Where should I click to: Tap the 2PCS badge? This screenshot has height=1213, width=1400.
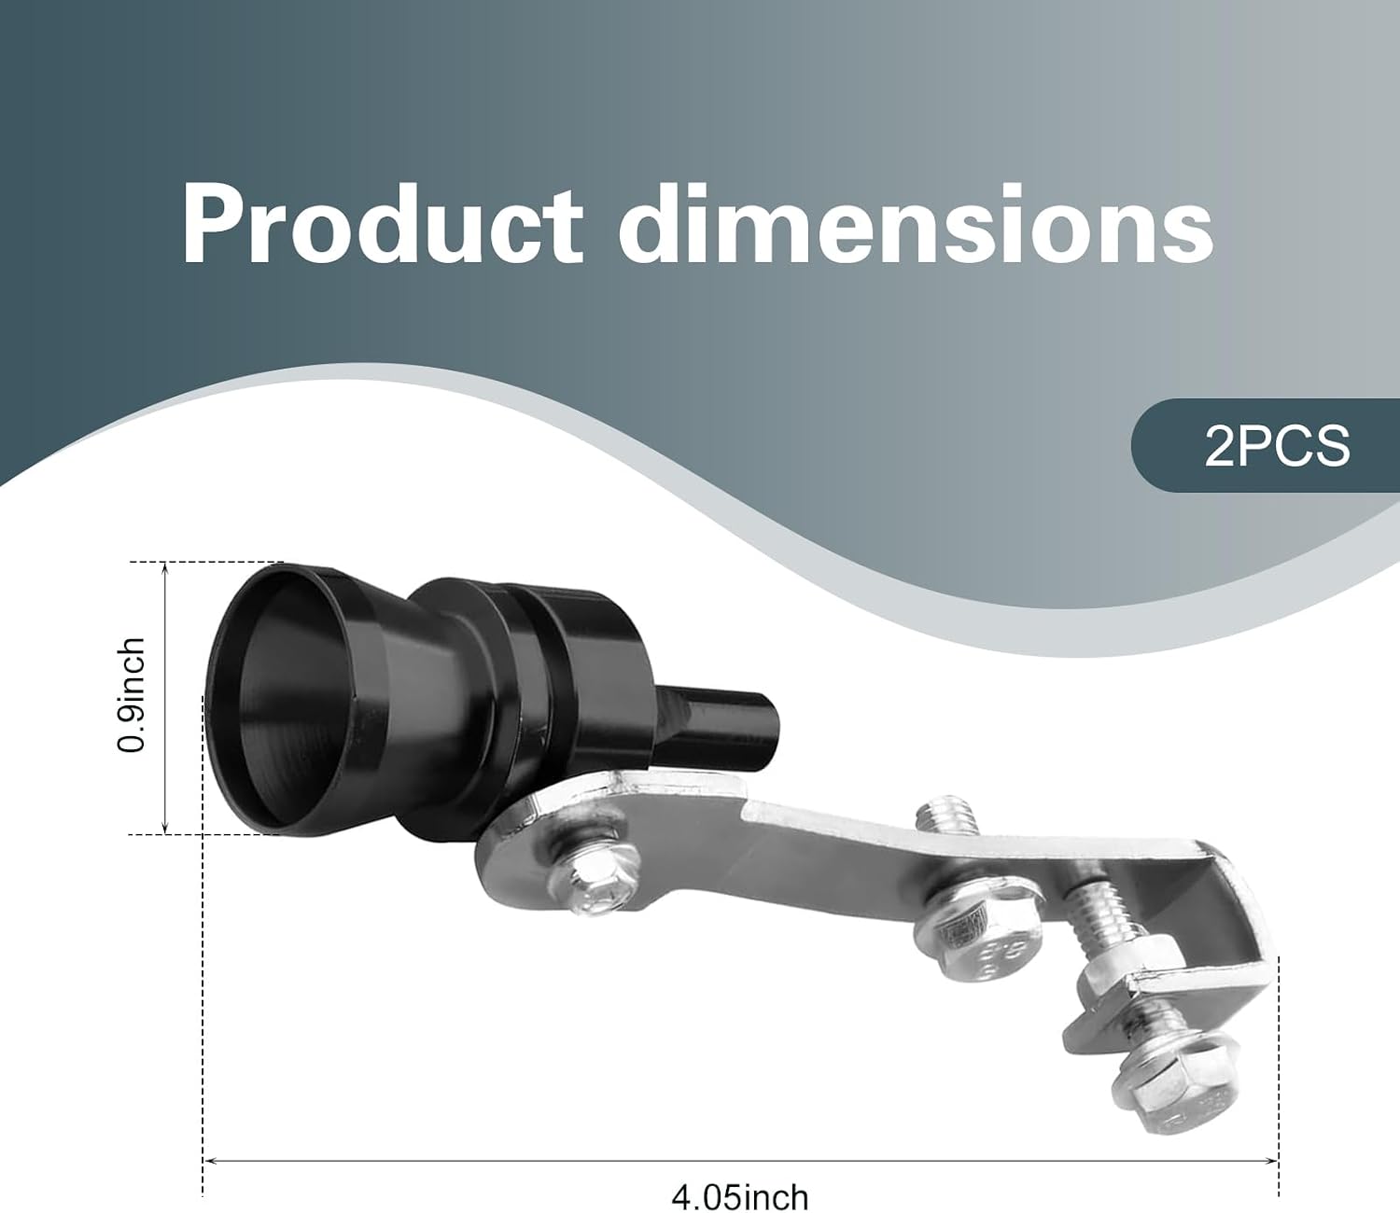[1266, 446]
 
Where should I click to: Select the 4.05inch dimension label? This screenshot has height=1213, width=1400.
[739, 1197]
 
